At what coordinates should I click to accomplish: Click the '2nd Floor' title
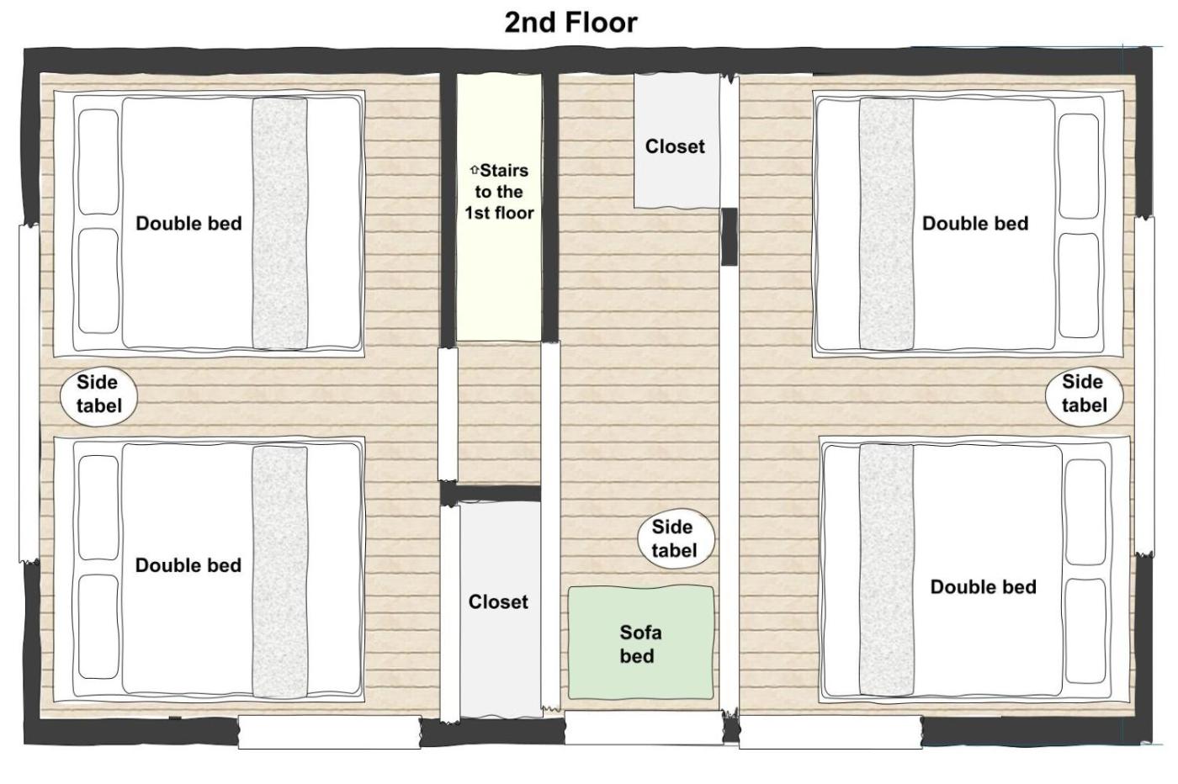570,24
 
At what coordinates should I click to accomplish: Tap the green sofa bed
640,643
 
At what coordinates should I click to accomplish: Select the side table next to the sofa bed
676,539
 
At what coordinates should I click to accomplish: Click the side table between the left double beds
99,395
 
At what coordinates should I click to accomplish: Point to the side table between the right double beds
1084,395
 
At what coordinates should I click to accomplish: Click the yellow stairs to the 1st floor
498,207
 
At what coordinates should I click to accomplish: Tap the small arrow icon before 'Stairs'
474,171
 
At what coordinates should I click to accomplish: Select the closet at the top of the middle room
677,140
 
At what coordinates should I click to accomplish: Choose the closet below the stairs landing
500,609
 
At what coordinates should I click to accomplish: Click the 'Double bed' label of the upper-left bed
188,224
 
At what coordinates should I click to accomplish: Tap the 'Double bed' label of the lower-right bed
983,587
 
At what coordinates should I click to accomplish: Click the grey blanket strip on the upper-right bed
886,224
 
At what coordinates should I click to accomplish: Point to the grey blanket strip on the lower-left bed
279,572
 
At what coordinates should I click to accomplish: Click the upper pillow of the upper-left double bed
98,162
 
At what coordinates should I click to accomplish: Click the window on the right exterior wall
1144,385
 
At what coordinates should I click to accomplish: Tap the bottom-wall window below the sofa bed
644,728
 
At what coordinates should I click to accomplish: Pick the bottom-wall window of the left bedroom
330,731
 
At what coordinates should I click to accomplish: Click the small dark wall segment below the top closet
729,236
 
